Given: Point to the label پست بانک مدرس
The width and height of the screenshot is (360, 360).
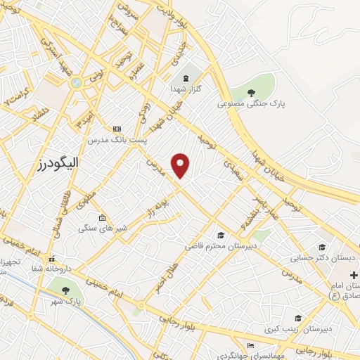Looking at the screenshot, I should (117, 141).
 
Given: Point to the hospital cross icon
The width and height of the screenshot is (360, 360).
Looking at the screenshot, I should (354, 274).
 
